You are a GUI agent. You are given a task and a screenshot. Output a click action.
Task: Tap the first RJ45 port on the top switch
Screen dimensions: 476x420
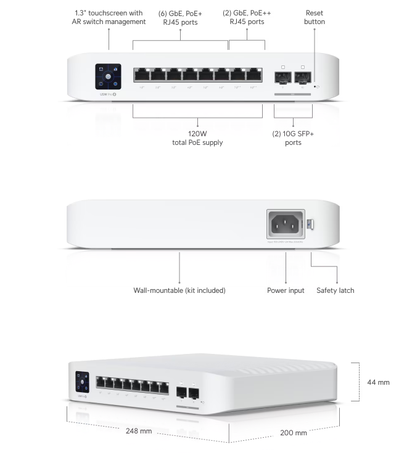point(142,76)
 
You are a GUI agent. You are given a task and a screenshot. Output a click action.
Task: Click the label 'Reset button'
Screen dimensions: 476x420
point(314,17)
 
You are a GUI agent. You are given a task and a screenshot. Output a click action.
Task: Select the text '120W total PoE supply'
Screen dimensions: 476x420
point(197,137)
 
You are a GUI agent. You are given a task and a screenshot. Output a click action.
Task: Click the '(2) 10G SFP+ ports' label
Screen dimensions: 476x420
point(293,137)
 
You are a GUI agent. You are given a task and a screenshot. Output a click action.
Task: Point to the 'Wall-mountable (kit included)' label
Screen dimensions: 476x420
point(179,290)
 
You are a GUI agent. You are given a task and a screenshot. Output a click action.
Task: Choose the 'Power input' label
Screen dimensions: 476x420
point(286,290)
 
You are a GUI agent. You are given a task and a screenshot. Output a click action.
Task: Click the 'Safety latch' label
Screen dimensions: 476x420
point(336,290)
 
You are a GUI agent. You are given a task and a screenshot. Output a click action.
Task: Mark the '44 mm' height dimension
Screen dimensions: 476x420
point(378,382)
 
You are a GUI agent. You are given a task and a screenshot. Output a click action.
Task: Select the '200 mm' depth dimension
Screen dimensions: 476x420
point(294,433)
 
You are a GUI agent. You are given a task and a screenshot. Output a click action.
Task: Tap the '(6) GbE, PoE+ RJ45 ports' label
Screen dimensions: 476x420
point(180,17)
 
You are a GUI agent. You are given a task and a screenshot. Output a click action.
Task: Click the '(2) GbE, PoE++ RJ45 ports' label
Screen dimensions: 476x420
point(247,17)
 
